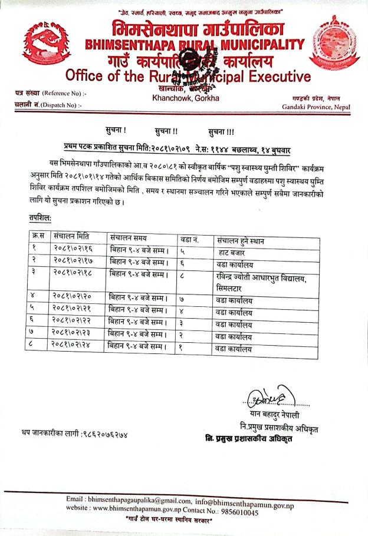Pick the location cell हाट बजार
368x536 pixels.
coord(233,251)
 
